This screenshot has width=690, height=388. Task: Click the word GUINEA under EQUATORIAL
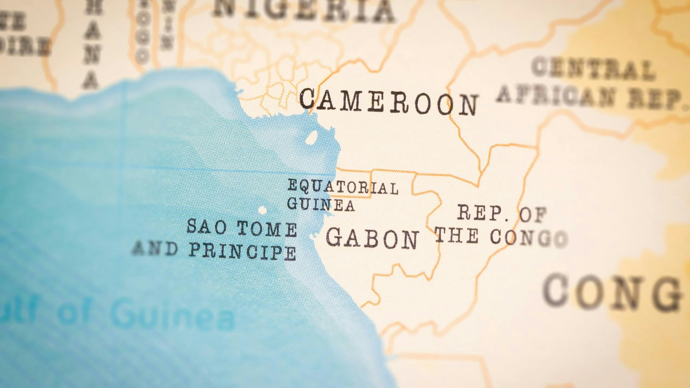coord(321,205)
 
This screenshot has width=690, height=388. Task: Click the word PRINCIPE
coord(242,252)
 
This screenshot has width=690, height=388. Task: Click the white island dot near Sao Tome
coord(262,210)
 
